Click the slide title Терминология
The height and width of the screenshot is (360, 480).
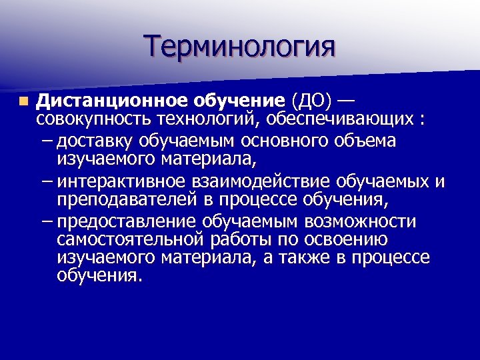pyautogui.click(x=240, y=47)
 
